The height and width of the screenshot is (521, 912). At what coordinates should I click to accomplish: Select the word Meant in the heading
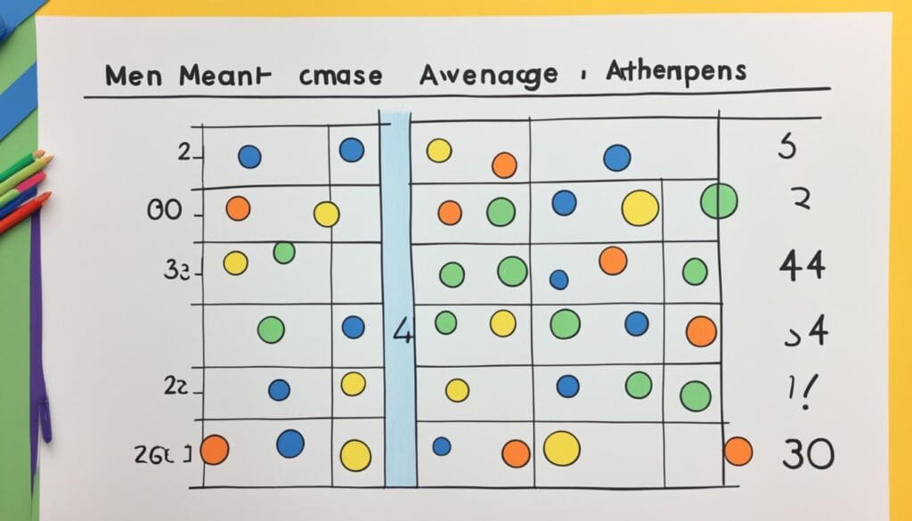[223, 76]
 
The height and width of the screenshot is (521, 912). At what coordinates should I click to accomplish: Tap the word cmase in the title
[339, 77]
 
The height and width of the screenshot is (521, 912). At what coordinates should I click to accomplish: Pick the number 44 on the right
[802, 266]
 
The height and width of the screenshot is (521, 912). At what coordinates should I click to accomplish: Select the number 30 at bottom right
[808, 454]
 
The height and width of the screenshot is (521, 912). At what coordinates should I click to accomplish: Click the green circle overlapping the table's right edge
[720, 201]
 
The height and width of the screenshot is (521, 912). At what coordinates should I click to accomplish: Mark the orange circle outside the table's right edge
[737, 451]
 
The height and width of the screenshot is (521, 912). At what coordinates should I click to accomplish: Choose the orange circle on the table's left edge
[214, 450]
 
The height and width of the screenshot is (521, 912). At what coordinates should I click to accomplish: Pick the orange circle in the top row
[504, 165]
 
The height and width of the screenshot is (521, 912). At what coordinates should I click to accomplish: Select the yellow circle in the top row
[439, 151]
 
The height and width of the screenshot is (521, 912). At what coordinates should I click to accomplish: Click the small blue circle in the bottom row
[441, 446]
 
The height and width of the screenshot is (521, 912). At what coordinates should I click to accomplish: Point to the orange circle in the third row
[613, 261]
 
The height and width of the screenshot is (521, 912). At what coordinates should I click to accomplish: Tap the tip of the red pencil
[45, 197]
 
